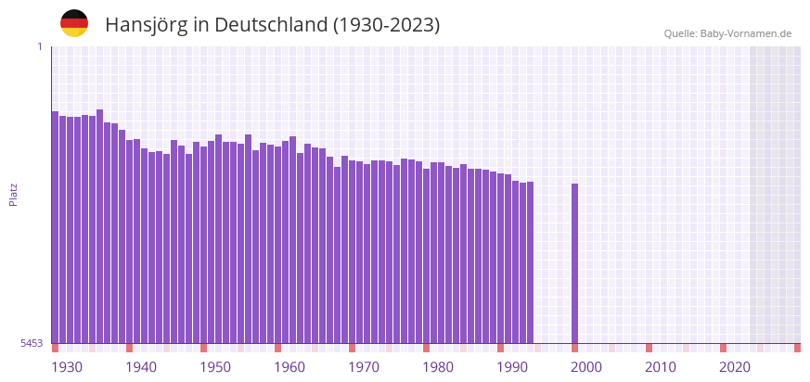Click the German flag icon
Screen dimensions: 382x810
(74, 23)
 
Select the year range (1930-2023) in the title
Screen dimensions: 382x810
(386, 25)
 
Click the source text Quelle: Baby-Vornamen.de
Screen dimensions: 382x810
(727, 33)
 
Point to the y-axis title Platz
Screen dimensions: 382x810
(13, 194)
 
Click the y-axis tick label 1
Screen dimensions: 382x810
(39, 46)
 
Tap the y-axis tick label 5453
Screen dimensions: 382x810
(32, 343)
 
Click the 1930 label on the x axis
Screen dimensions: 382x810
(67, 367)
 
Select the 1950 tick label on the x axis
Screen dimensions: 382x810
(215, 367)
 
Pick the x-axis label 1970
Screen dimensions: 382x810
(364, 367)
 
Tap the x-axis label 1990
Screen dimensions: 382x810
(512, 367)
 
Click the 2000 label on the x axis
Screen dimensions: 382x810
(586, 367)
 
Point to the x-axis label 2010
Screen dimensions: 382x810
(661, 367)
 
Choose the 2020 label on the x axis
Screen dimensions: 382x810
(735, 367)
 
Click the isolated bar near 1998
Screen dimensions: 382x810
(574, 264)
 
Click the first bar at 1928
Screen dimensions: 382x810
(55, 227)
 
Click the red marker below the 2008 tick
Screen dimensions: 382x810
(649, 348)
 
